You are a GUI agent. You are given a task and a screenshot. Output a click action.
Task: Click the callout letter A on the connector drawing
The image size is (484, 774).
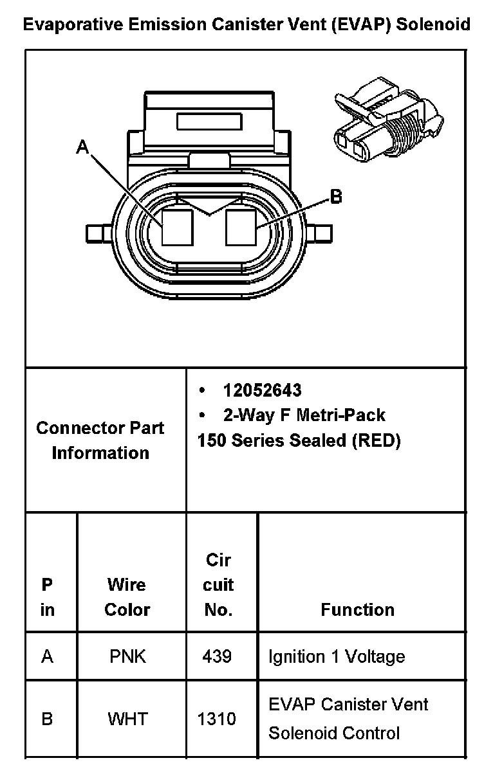(82, 148)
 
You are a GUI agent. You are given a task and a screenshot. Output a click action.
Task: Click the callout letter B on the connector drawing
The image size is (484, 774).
(335, 197)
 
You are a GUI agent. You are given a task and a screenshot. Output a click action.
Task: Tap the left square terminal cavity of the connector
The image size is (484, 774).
(178, 227)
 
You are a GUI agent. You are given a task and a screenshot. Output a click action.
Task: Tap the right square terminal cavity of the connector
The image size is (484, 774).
(241, 227)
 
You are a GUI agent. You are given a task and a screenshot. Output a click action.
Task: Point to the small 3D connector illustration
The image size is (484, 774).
(386, 120)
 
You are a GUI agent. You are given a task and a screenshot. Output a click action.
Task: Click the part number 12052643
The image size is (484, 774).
(262, 390)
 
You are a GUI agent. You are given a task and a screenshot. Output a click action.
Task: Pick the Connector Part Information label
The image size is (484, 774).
(100, 440)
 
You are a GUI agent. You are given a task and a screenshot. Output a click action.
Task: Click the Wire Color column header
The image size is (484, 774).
(127, 597)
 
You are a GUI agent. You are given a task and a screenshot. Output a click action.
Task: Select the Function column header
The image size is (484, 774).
(358, 609)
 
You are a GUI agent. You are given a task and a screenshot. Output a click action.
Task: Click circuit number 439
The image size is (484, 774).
(218, 656)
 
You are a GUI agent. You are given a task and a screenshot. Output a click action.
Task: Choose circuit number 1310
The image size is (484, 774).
(218, 718)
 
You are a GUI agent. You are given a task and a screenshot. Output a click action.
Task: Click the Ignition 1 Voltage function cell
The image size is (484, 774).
(337, 656)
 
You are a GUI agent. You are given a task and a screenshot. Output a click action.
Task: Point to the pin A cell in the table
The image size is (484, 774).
(47, 656)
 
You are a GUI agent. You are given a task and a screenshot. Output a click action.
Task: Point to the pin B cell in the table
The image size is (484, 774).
(47, 718)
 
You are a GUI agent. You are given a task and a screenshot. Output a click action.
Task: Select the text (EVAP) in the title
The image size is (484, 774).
(361, 25)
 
